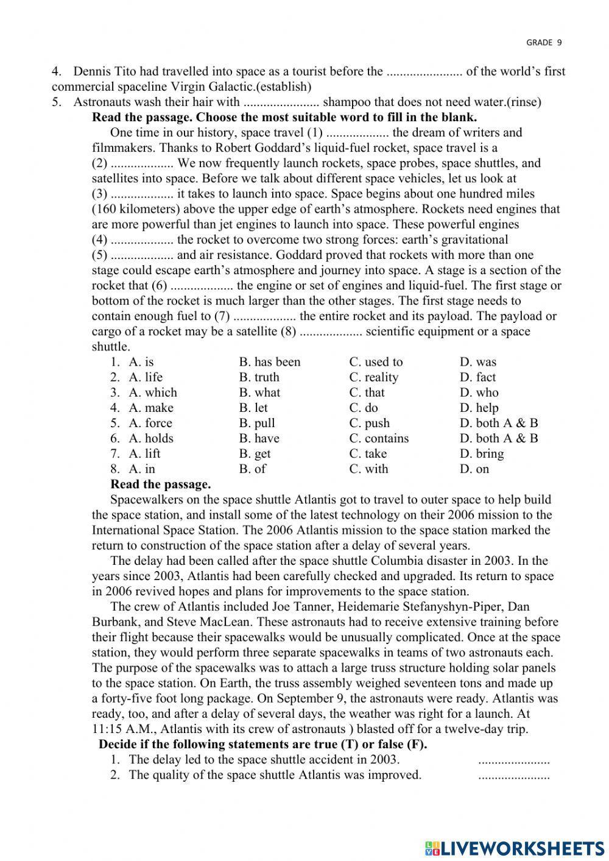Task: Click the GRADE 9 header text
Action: pos(544,42)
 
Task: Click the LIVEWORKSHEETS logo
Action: pos(515,848)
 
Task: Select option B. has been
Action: pos(270,362)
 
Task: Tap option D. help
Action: pos(479,408)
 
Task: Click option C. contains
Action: pos(379,438)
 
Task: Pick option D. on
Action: pos(474,469)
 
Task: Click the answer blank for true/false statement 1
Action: pos(513,760)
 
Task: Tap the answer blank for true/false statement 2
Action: pos(513,775)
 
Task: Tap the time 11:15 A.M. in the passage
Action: pos(116,729)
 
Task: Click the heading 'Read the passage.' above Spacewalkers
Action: pos(161,484)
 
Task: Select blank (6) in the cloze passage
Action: pos(202,286)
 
